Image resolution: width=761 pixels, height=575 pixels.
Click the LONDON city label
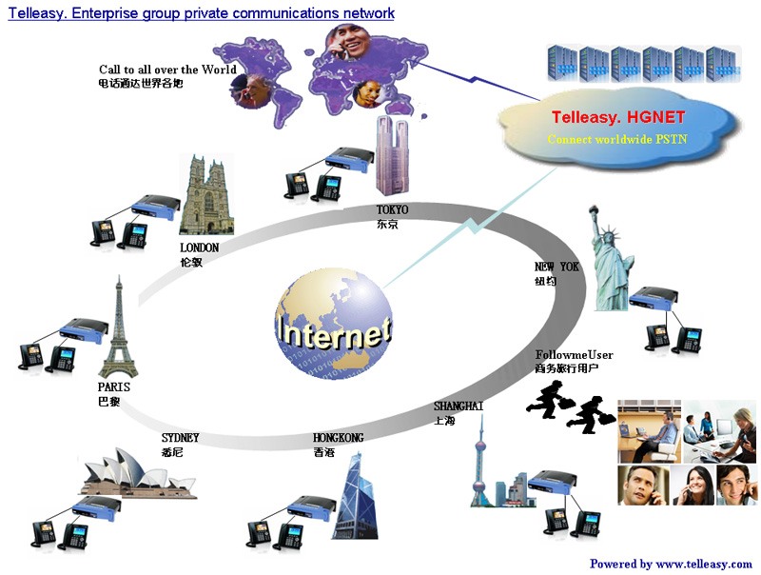click(199, 248)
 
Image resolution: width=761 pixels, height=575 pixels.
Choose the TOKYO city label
click(392, 209)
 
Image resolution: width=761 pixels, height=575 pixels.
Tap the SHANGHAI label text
click(459, 406)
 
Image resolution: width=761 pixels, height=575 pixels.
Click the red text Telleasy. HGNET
click(618, 118)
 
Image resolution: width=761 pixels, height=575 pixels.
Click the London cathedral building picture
click(205, 194)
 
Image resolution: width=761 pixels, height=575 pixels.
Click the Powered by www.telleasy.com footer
click(671, 564)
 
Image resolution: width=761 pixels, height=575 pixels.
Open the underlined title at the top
click(201, 13)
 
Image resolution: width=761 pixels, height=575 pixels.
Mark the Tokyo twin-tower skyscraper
click(390, 157)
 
